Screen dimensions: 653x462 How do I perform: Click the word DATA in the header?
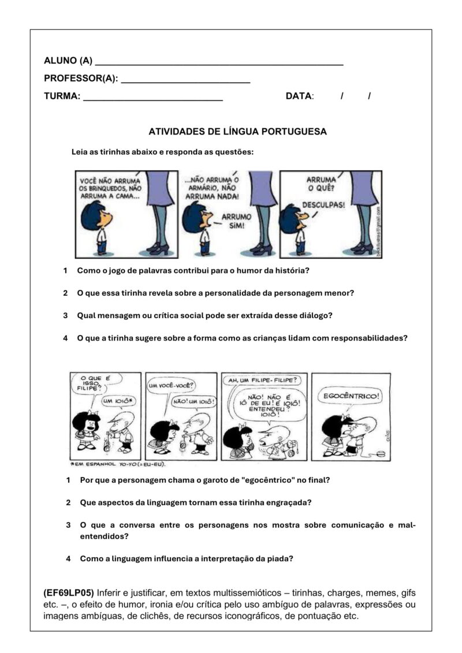(299, 96)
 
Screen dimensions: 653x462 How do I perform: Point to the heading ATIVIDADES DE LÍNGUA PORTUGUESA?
(237, 132)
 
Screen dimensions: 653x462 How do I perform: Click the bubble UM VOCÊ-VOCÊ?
(171, 386)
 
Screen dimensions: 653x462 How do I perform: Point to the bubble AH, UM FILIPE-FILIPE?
(263, 380)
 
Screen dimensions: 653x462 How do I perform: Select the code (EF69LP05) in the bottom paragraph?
(68, 593)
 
